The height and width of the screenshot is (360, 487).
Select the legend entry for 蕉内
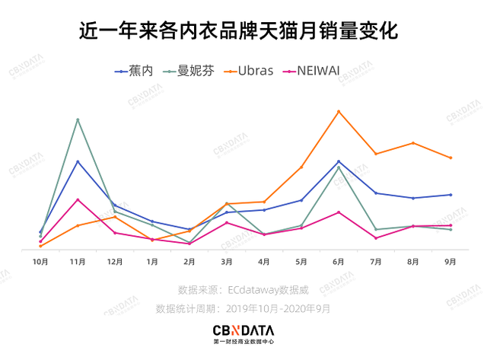tap(135, 72)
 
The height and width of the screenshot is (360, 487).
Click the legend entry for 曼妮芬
tap(191, 72)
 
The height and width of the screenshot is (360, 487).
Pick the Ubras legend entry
tap(250, 72)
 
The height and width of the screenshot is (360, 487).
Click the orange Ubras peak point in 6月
tap(339, 111)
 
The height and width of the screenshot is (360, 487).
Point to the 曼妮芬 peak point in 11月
tap(78, 119)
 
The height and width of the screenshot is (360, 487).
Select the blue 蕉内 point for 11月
tap(78, 161)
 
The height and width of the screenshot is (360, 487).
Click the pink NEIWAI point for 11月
tap(78, 199)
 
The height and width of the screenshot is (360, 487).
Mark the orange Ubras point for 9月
tap(450, 158)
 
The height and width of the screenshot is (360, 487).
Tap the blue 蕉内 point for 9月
tap(450, 195)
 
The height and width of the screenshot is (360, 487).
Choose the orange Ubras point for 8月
tap(413, 143)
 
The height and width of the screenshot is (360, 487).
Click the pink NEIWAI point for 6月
tap(339, 212)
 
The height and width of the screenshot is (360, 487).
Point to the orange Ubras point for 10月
tap(40, 246)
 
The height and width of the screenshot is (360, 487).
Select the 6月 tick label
tap(339, 262)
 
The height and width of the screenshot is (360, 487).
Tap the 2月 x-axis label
tap(189, 262)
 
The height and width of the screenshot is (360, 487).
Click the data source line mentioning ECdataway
tap(243, 290)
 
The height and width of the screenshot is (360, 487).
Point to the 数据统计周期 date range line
tap(243, 309)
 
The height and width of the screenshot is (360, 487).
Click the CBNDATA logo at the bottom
tap(243, 333)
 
